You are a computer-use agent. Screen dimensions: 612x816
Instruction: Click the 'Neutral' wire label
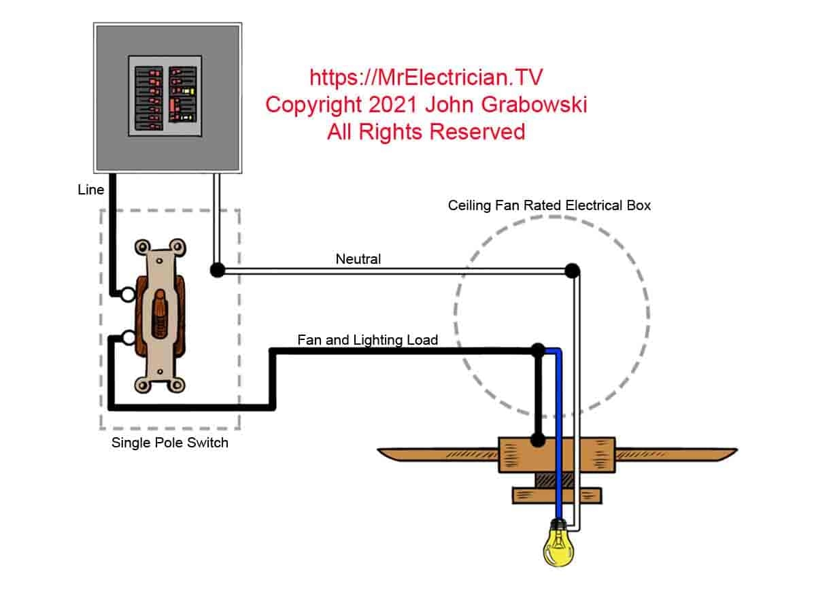[358, 259]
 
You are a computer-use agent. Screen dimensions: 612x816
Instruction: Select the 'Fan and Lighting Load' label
[367, 339]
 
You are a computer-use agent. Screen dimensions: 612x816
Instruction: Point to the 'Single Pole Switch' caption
[169, 443]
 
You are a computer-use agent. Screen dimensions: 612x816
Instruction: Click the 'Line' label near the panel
[90, 190]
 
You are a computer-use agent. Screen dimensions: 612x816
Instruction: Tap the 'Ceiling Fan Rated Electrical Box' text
[549, 205]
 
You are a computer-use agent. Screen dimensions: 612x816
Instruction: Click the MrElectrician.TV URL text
[426, 78]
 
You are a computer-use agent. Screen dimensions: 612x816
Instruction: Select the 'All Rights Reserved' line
[426, 131]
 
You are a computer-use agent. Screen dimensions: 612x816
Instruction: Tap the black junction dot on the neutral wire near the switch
[217, 270]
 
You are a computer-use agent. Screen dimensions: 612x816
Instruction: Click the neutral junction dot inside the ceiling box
[573, 271]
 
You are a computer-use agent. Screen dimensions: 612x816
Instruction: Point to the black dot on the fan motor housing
[537, 440]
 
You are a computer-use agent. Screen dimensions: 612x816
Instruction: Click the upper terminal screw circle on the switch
[128, 294]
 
